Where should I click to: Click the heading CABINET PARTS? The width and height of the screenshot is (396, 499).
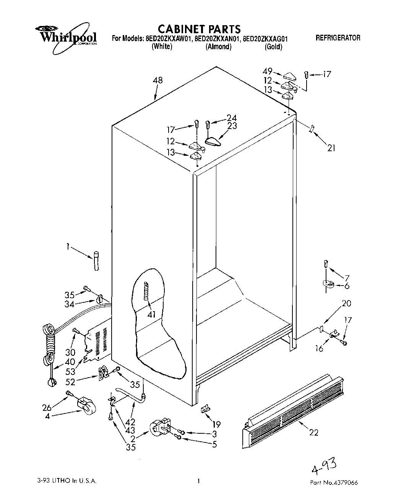click(199, 29)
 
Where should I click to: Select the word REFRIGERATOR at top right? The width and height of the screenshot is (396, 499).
click(338, 38)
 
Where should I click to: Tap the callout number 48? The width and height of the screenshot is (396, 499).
click(157, 80)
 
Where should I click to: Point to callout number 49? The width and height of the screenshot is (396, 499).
click(268, 71)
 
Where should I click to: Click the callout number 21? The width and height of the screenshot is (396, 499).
click(331, 147)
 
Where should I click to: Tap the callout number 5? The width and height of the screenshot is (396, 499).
click(214, 444)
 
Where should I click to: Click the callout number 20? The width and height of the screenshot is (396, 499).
click(346, 304)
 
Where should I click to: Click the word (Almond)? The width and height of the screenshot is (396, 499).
click(218, 47)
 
